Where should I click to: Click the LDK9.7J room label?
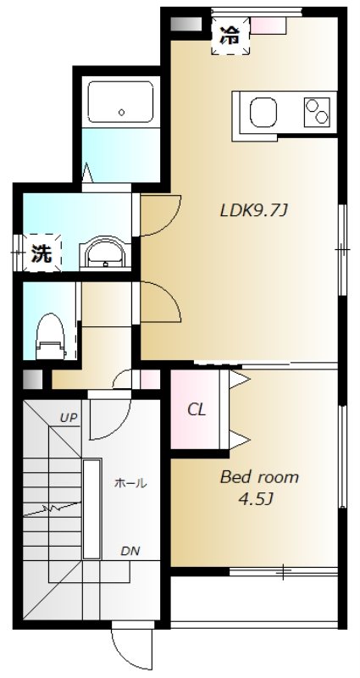coord(253,211)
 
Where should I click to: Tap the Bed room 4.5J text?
coord(260,488)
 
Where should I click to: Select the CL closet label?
coord(197,409)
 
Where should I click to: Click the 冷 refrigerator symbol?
coord(230,36)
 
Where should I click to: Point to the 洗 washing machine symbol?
coord(42,253)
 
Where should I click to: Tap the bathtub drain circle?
coord(121,113)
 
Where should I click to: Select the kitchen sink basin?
coord(263,113)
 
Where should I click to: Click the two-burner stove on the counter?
coord(317,112)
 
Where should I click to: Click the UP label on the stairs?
coord(69,418)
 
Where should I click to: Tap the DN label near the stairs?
coord(130,552)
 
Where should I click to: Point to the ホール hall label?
coord(130,483)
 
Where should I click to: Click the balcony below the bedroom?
coord(254,598)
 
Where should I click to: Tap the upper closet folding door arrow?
coord(240,379)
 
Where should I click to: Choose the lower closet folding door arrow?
coord(240,440)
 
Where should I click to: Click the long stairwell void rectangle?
coord(92,509)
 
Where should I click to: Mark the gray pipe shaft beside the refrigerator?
coord(186,24)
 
